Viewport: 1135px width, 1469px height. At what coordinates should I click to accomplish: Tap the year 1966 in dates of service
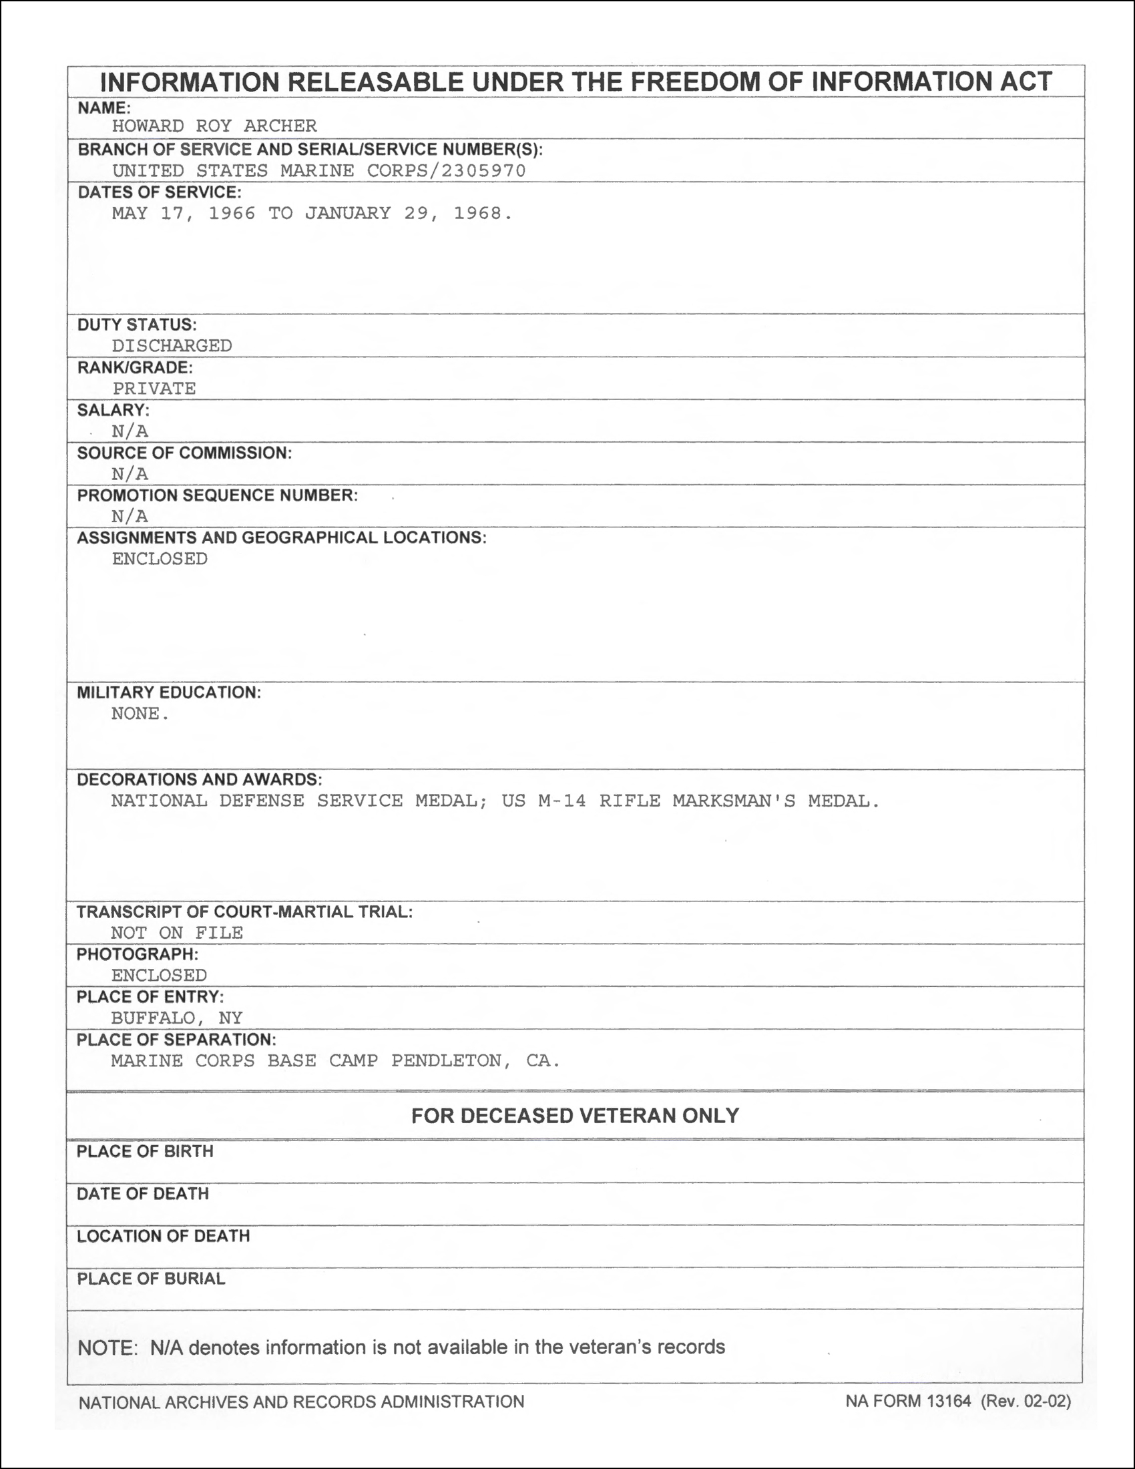232,213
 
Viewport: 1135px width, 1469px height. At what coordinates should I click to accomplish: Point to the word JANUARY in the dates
348,213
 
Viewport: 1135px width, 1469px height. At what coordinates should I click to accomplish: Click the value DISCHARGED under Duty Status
172,346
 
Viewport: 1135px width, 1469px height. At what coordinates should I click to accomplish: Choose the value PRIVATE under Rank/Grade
154,389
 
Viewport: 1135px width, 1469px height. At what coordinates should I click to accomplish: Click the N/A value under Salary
130,431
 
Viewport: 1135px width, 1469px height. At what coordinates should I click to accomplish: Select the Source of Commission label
184,453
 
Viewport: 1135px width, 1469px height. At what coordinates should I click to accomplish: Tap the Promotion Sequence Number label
217,495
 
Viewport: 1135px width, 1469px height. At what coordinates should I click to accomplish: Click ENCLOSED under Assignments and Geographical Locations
160,559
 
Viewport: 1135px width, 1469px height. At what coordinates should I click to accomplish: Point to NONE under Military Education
136,714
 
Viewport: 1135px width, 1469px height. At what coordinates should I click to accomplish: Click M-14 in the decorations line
562,801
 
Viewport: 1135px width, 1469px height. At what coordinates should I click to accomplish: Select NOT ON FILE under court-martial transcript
177,933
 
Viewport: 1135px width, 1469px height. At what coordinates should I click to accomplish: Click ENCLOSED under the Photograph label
160,976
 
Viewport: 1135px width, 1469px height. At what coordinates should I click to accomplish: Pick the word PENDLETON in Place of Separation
447,1061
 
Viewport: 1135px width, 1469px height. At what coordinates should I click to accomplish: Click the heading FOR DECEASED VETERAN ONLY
575,1116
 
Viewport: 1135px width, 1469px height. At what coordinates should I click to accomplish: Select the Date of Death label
143,1194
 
